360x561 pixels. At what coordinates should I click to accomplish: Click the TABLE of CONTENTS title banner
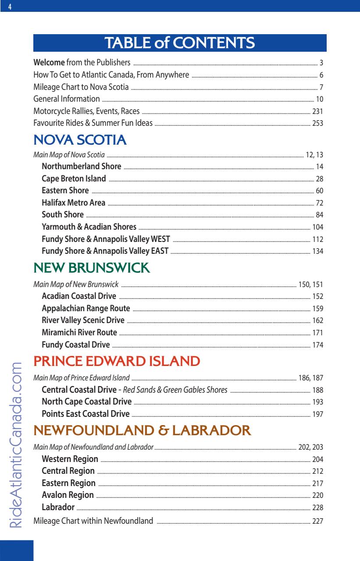tap(180, 43)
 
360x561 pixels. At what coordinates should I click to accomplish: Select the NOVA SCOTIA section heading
tap(80, 141)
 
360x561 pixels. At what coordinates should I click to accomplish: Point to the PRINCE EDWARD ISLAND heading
tap(116, 362)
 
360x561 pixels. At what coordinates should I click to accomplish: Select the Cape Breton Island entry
tap(74, 178)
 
